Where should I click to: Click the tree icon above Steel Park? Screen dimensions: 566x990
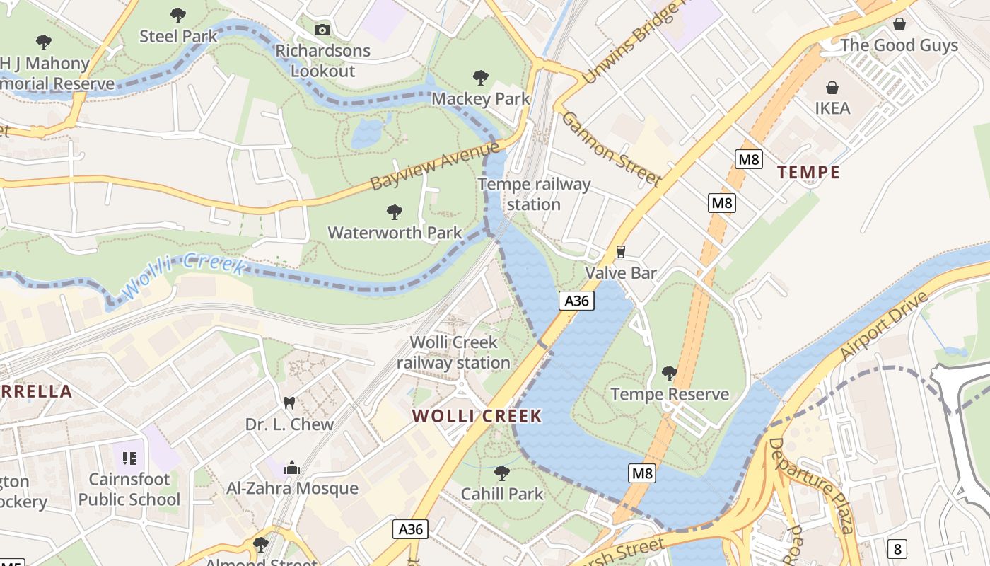(x=178, y=15)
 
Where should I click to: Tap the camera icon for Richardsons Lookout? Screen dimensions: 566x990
(x=322, y=30)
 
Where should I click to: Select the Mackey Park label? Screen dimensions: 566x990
(x=481, y=98)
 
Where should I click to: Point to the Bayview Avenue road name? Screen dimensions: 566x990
(x=434, y=165)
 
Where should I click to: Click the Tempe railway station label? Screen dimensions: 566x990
(x=534, y=195)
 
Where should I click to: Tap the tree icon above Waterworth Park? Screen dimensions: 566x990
(x=395, y=212)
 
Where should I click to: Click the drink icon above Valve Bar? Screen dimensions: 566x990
(x=621, y=252)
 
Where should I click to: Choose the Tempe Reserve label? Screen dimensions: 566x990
(x=669, y=394)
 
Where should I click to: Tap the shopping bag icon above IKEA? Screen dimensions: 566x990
(x=832, y=88)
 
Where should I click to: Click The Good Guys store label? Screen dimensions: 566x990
(x=899, y=45)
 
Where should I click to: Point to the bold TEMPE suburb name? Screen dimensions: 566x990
(x=808, y=172)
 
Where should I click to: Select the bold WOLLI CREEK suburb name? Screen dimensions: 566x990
(x=477, y=416)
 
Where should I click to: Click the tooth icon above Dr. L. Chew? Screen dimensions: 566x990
(x=289, y=403)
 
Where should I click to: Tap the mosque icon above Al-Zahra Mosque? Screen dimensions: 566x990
(x=292, y=468)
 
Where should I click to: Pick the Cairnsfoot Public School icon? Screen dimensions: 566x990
(x=129, y=458)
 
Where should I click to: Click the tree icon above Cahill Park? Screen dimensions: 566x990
(x=502, y=473)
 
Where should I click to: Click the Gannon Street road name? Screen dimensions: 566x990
(x=611, y=149)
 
